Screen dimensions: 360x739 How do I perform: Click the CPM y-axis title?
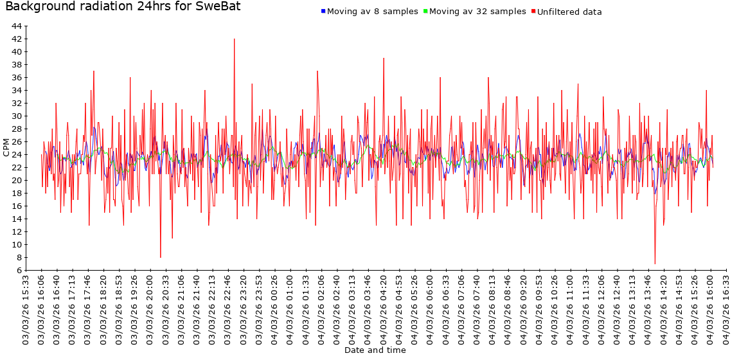tap(6, 147)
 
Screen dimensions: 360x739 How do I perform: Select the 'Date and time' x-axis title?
tap(375, 350)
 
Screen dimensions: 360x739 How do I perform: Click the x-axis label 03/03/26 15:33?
tap(26, 309)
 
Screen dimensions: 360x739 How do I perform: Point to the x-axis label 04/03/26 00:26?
tap(274, 309)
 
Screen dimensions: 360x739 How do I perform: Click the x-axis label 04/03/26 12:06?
tap(602, 309)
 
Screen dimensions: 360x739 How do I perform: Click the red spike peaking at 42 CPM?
tap(235, 40)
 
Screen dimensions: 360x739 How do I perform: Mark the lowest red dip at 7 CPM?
tap(655, 262)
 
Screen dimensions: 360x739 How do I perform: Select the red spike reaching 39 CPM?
tap(384, 59)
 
